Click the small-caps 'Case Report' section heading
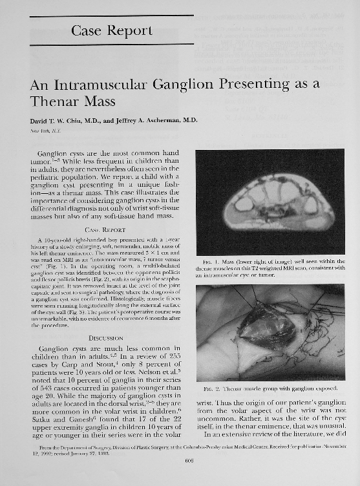[107, 229]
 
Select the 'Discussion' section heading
[107, 337]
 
